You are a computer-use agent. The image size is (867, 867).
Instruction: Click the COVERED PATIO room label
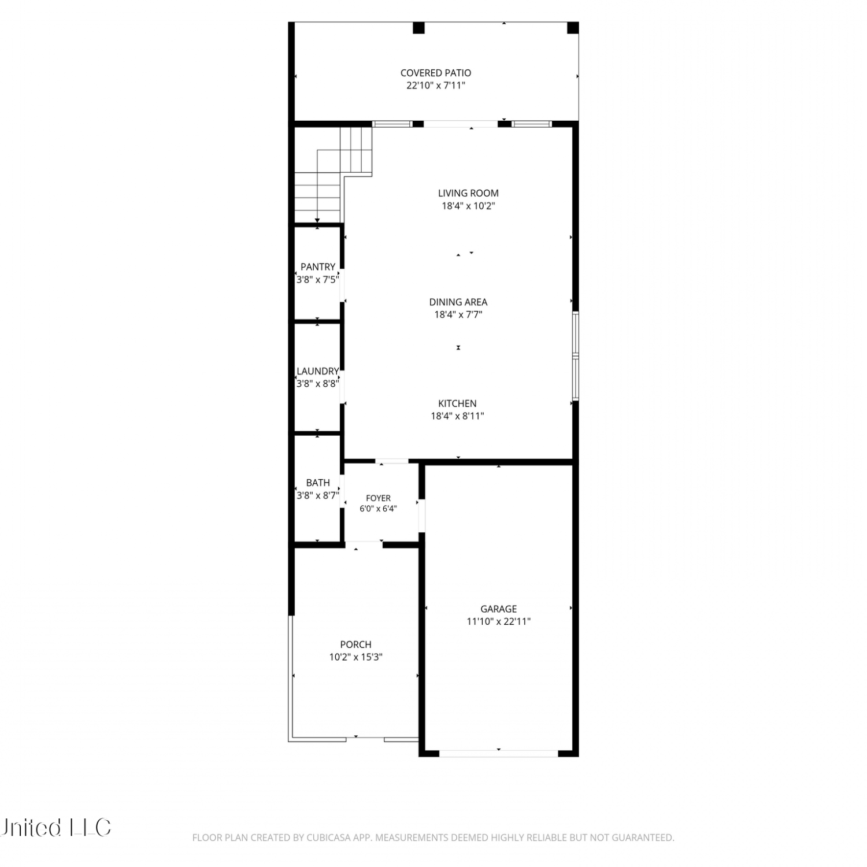click(436, 73)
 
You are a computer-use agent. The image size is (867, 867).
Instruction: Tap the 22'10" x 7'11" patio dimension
click(436, 86)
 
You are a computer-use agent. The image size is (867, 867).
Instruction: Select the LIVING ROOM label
click(468, 193)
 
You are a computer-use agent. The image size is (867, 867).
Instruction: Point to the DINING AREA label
click(458, 302)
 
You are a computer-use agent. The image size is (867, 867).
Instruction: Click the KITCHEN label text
click(457, 403)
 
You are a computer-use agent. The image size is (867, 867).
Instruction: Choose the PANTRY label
click(318, 266)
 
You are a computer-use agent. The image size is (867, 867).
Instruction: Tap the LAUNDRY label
click(318, 371)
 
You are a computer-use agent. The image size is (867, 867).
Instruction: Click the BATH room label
click(318, 483)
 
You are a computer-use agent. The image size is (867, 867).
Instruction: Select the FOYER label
click(379, 498)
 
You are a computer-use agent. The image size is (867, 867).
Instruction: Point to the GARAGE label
click(499, 609)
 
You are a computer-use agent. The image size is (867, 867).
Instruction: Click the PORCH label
click(356, 644)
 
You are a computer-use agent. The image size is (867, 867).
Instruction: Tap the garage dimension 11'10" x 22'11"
click(499, 621)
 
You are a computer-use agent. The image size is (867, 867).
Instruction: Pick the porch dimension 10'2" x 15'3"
click(356, 657)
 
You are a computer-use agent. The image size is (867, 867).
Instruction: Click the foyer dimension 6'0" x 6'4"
click(379, 509)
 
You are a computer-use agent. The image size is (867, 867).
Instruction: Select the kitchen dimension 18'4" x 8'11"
click(457, 416)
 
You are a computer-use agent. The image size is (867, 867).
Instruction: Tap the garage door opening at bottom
click(499, 753)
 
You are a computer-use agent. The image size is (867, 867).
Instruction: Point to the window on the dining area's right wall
click(576, 356)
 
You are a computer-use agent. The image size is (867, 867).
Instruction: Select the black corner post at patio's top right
click(573, 28)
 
